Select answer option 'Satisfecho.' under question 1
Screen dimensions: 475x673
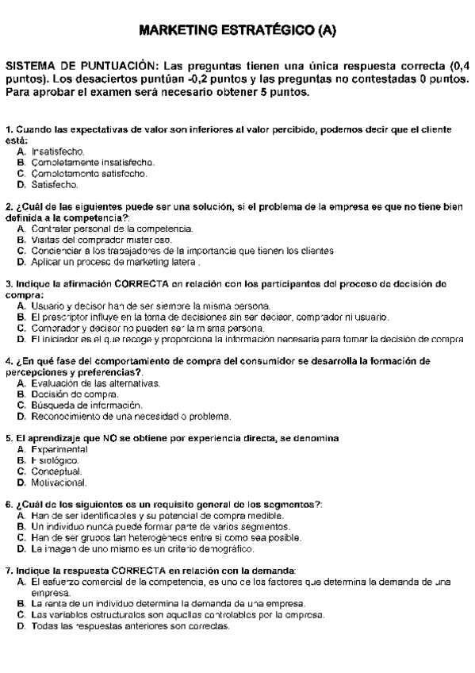coord(53,185)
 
